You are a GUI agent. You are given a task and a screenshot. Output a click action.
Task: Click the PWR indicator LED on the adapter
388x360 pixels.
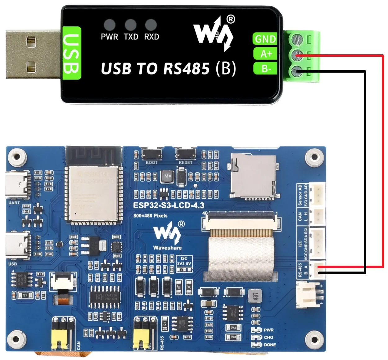click(x=110, y=25)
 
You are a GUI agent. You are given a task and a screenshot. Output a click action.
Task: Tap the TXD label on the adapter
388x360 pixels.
click(x=131, y=37)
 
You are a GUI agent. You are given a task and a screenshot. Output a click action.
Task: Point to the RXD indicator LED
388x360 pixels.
click(x=151, y=25)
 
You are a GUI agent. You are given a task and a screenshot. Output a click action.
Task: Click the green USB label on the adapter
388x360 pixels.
click(x=72, y=53)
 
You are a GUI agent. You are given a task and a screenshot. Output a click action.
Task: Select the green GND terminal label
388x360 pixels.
click(x=265, y=39)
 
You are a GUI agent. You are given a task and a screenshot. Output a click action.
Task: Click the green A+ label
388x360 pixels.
click(x=266, y=54)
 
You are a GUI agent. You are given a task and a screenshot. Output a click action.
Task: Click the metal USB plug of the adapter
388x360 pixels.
click(x=33, y=54)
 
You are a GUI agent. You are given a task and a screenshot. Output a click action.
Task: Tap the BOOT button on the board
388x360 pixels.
click(x=151, y=154)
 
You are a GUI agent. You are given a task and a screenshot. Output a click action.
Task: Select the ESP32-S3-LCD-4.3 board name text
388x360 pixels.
click(x=169, y=205)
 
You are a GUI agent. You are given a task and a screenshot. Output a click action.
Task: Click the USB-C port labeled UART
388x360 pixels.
click(x=18, y=185)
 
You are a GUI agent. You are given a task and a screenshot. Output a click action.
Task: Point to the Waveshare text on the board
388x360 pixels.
click(x=167, y=248)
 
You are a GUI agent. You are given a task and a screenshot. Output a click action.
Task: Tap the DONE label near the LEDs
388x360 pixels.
click(x=270, y=345)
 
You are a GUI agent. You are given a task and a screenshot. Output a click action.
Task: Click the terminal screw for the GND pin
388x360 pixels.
click(x=297, y=39)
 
